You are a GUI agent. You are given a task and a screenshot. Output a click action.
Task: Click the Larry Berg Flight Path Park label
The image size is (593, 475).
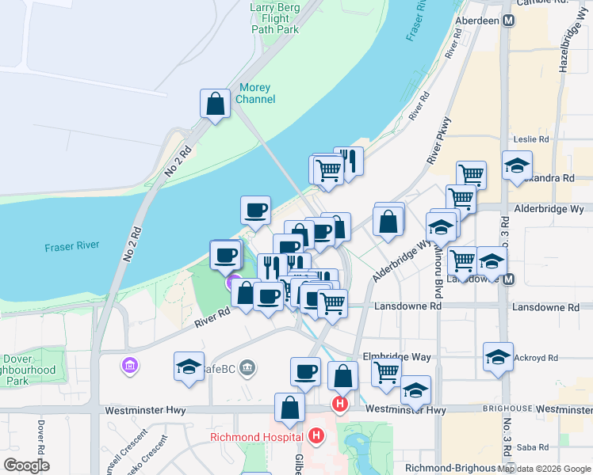(275, 18)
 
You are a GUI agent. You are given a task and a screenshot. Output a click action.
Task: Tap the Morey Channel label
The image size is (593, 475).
(256, 93)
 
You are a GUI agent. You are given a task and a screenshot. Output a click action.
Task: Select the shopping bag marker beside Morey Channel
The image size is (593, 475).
(215, 104)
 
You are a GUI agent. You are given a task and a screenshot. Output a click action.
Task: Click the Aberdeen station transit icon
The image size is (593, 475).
(507, 21)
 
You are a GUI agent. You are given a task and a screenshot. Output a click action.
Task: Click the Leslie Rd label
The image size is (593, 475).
(531, 139)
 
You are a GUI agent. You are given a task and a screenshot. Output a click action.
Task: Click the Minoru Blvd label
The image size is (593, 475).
(438, 280)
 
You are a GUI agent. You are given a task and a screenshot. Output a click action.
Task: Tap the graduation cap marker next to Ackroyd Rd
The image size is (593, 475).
(499, 357)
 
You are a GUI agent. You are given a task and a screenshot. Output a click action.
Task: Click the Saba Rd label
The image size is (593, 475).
(532, 447)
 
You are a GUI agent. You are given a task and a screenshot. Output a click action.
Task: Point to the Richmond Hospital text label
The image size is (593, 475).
(256, 437)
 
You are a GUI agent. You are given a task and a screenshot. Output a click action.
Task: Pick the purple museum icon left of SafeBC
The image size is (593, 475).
(129, 366)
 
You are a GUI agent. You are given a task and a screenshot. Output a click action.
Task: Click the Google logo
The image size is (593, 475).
(26, 465)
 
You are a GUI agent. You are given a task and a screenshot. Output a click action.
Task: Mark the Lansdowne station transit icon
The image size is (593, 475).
(508, 279)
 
